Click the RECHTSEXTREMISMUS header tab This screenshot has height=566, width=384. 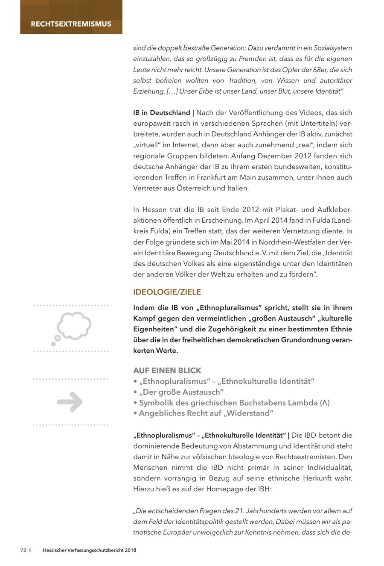pos(71,24)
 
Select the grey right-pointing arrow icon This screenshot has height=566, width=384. pos(70,401)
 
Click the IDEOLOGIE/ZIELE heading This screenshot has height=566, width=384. pos(167,292)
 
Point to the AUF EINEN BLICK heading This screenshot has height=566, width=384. pos(167,370)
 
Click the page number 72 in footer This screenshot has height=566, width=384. pos(23,551)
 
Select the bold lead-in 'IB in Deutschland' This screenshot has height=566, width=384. pos(162,113)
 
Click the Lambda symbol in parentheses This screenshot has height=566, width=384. pos(326,403)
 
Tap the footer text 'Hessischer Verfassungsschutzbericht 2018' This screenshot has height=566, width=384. pos(90,551)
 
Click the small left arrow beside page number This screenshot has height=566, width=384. pos(31,551)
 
